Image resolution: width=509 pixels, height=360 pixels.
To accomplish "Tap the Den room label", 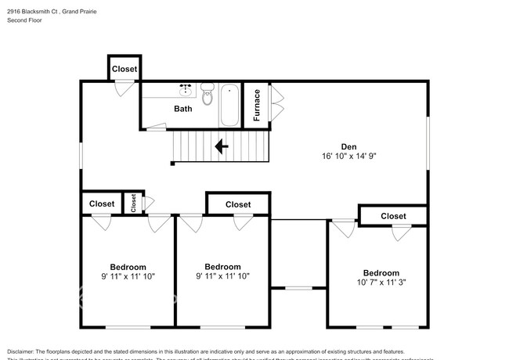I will coord(348,146).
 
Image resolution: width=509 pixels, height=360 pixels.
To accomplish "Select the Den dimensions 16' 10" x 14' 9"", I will coord(348,156).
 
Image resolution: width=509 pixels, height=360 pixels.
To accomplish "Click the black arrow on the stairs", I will coord(222,145).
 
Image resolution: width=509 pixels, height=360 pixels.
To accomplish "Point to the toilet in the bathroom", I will coord(207,95).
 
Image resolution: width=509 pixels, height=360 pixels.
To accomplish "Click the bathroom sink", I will coord(186,89).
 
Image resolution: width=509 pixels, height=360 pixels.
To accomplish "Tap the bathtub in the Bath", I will coord(229,104).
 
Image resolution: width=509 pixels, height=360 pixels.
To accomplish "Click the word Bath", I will coord(182,109).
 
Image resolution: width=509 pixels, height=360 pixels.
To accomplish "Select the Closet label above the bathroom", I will coord(124,69).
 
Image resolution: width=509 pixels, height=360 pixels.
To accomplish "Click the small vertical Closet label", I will coord(134,203).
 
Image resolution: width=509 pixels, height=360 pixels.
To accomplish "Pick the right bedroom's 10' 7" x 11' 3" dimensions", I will coord(381,283).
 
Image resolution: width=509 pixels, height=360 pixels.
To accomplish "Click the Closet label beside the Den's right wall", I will coord(393,216).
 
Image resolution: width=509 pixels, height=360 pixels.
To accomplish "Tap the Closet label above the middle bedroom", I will coord(238,204).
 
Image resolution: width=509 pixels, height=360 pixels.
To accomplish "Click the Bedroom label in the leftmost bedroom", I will coord(128,267).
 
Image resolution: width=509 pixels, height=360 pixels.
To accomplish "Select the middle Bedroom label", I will coord(222,267).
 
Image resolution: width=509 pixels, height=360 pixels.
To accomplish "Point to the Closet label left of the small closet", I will coord(101,203).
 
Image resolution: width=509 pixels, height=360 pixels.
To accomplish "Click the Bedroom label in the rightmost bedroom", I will coord(381,273).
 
